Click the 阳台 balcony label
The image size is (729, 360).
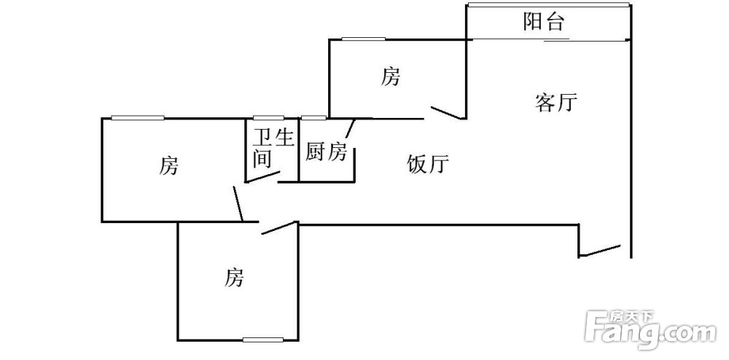point(544,21)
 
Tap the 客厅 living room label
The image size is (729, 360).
point(556,103)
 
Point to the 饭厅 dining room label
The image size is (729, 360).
point(428,164)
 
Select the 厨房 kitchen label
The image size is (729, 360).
point(326,152)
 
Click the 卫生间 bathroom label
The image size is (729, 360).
point(273,148)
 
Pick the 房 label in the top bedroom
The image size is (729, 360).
point(391,77)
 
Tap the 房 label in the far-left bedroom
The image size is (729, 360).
point(168,166)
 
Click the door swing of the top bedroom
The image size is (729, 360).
point(448,113)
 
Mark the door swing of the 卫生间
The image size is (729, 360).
point(262,177)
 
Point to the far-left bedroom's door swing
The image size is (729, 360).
point(238,203)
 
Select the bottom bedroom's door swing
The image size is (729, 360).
point(279,227)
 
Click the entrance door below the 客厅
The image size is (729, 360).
point(600,251)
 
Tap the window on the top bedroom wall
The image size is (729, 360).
point(363,39)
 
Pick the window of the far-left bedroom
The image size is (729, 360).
point(138,117)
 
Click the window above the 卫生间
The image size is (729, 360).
point(268,117)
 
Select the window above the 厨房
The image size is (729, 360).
point(313,117)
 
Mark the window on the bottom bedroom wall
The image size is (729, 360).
point(262,340)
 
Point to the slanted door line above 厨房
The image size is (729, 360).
point(350,129)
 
